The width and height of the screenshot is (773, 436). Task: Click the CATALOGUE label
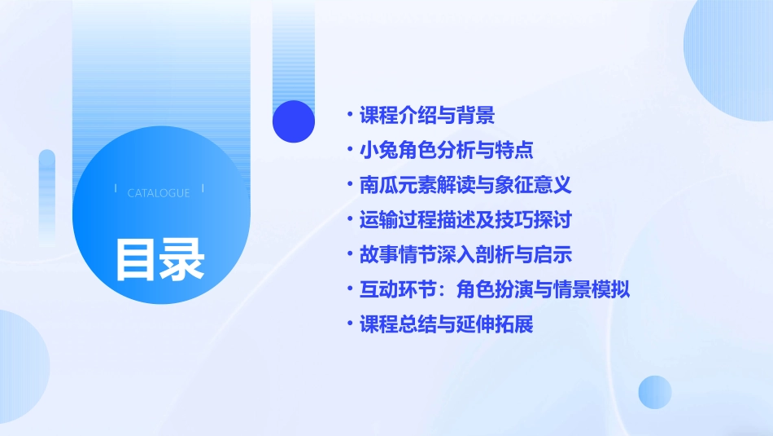click(159, 193)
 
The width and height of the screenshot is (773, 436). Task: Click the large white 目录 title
click(159, 259)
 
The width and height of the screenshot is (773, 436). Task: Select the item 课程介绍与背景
click(427, 115)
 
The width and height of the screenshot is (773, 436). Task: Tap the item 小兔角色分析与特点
click(447, 150)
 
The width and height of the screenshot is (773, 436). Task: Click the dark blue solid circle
click(294, 121)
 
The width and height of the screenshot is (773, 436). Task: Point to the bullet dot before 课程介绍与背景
click(349, 115)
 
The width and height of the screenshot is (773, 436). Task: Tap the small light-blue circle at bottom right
click(654, 392)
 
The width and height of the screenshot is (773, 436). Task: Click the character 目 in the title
click(136, 259)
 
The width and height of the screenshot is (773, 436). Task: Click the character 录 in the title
click(182, 259)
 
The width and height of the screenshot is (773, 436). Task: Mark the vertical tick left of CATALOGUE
click(116, 190)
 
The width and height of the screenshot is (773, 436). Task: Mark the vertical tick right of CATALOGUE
click(203, 190)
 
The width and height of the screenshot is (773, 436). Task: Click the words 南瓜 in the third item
click(378, 185)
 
